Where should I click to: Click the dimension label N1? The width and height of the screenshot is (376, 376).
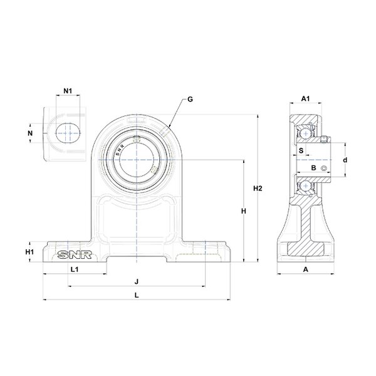tap(68, 91)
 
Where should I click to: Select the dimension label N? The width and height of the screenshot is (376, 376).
tap(29, 133)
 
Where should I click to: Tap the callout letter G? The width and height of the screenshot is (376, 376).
tap(191, 99)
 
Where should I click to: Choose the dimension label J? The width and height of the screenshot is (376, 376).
tap(137, 281)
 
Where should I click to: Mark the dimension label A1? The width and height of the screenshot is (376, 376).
tap(306, 98)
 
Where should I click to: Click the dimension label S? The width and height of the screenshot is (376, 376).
tap(300, 150)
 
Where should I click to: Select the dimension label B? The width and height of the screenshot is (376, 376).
tap(314, 167)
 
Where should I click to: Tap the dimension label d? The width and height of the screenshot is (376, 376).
tap(345, 160)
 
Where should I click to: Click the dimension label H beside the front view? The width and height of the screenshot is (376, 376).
tap(244, 212)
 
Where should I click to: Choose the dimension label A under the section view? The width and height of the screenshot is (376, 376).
tap(306, 269)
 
